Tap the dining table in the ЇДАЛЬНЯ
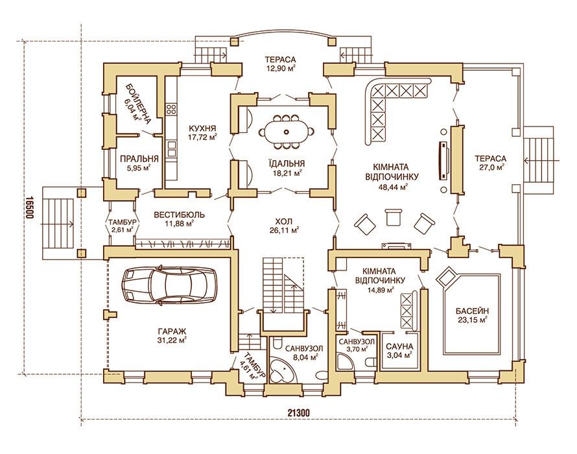pyautogui.click(x=286, y=132)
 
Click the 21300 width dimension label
pyautogui.click(x=298, y=412)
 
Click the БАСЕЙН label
pyautogui.click(x=473, y=310)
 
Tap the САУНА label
pyautogui.click(x=399, y=346)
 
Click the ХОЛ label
pyautogui.click(x=283, y=222)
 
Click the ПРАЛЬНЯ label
pyautogui.click(x=139, y=159)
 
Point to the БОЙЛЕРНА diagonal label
pyautogui.click(x=138, y=102)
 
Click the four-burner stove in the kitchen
pyautogui.click(x=171, y=109)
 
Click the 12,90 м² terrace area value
pyautogui.click(x=281, y=67)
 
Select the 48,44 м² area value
pyautogui.click(x=392, y=187)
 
